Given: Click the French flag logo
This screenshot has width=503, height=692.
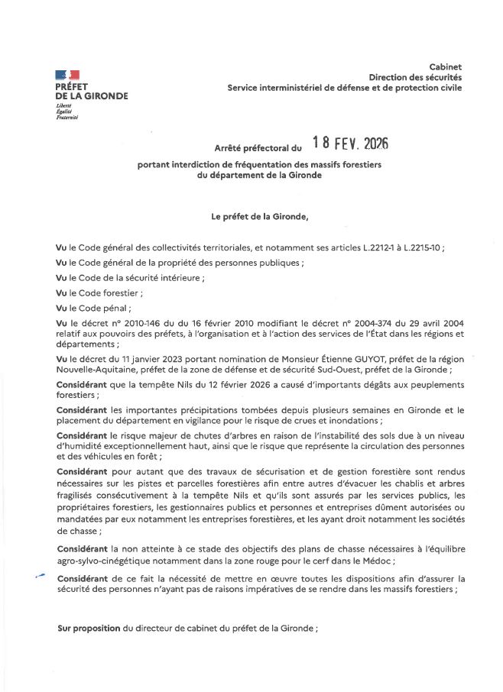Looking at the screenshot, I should pyautogui.click(x=67, y=74).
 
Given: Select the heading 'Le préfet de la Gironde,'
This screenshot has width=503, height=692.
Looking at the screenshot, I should pyautogui.click(x=260, y=216).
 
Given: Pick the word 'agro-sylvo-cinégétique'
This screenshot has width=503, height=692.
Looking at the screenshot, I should pyautogui.click(x=104, y=561).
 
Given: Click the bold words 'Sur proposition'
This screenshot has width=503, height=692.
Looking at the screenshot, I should pyautogui.click(x=89, y=628).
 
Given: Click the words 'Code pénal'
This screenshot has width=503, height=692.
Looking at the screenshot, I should pyautogui.click(x=110, y=309).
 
